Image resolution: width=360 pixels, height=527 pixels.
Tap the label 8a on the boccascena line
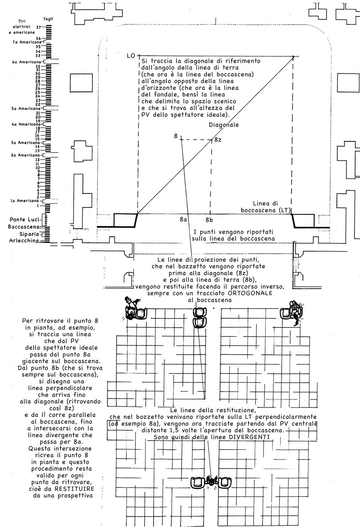pos(184,220)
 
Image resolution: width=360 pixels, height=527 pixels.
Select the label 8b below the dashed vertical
pos(209,220)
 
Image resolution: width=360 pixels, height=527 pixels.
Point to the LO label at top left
pos(130,56)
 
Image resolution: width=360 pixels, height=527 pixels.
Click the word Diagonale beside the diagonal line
pos(224,124)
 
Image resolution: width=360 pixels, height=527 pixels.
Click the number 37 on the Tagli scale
pos(39,27)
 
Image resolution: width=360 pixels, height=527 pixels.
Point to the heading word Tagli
pos(48,19)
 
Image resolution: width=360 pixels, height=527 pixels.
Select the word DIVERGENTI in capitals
pos(251,437)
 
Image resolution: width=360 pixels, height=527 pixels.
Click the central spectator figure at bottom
pos(211,482)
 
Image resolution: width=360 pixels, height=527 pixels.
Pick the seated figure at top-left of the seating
pos(134,309)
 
